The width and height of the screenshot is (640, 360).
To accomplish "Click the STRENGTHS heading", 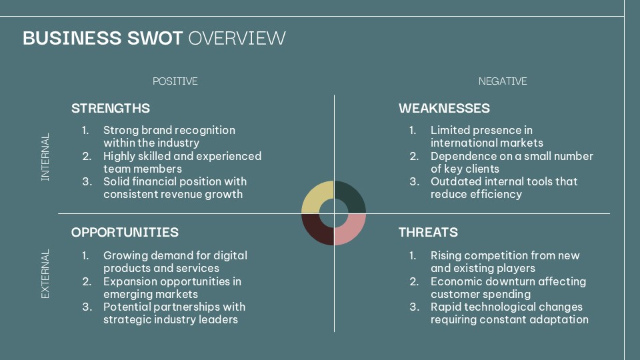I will pos(111,108).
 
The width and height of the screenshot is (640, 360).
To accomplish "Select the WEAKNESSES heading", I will pos(444,108).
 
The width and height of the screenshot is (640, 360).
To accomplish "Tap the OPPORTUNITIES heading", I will pos(125,232).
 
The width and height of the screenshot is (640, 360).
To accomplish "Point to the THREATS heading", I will pos(428,232).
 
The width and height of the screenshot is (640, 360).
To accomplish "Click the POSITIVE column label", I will pos(175,81).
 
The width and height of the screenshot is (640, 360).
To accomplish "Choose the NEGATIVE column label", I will pos(503,81).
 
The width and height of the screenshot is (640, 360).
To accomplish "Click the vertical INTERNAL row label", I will pos(45,157).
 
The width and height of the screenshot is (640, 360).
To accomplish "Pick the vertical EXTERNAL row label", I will pos(45,274).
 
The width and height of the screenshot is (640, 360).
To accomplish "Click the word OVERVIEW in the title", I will pos(237,38).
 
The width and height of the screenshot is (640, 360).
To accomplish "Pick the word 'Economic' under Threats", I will pos(455,281).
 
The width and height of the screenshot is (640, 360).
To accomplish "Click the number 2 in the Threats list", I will pos(413,281).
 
